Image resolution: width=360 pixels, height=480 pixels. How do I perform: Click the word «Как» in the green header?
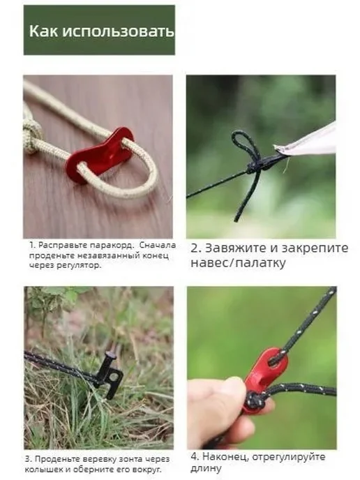coord(43,31)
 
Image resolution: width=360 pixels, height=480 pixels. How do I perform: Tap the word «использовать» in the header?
coord(118,31)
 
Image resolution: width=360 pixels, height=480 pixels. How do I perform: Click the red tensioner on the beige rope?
coord(98,151)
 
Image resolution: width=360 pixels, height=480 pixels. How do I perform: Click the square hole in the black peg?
coord(113,375)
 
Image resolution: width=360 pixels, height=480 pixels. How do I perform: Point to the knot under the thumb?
coord(253,400)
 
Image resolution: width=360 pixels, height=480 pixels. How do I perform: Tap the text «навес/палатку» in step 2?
coord(238,262)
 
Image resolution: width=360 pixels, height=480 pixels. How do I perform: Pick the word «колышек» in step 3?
coord(42,470)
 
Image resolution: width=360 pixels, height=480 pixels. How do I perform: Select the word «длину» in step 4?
coord(206,469)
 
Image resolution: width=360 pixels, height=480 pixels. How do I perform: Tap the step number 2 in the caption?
coord(195,248)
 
